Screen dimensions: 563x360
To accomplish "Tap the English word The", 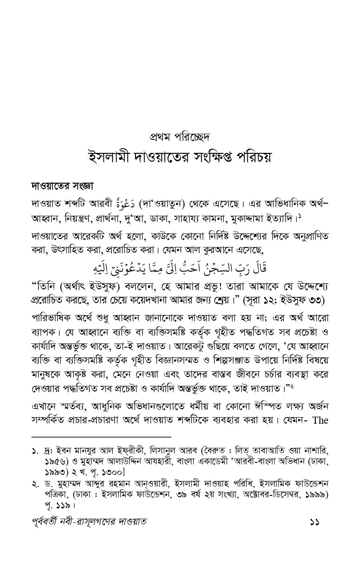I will click(320, 420).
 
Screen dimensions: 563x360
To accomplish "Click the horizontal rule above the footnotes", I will click(101, 437).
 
